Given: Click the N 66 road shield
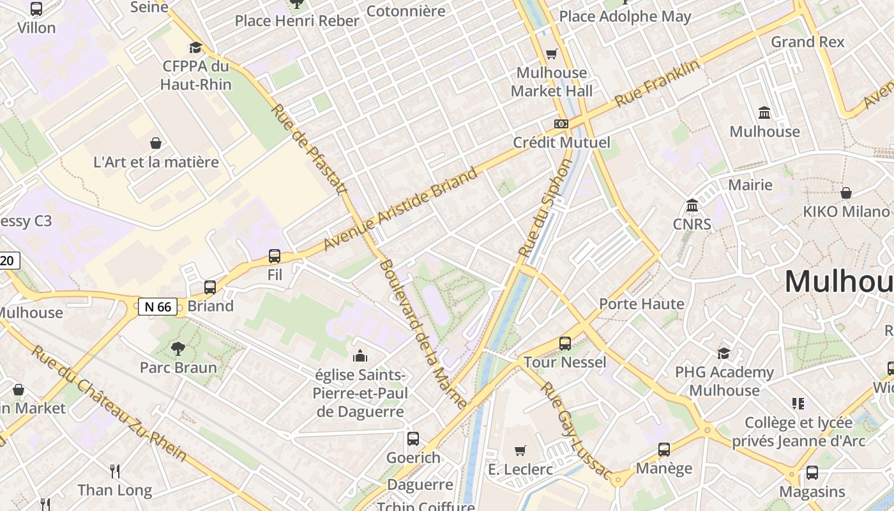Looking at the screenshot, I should (158, 307).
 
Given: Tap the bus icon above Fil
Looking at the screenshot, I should (275, 256).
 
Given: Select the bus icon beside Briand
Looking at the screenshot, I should (210, 287).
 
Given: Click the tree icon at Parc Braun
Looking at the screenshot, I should (178, 349).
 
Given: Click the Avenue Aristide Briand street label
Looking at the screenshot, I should (400, 209).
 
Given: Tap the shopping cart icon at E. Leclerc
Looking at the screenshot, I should (520, 451).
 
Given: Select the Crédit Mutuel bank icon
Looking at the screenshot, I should (561, 124).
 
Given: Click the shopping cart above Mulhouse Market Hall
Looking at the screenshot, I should (552, 54).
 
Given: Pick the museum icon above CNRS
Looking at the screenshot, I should (692, 206).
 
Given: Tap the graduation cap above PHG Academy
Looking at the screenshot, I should (724, 353).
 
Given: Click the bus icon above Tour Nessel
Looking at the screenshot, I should (565, 344).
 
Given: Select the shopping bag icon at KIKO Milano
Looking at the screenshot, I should (846, 193).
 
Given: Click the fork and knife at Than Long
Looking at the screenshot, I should (115, 471).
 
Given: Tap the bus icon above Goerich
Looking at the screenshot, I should (413, 439).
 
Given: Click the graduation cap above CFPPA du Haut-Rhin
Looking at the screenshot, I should (195, 47).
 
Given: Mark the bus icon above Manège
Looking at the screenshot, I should (664, 450).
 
